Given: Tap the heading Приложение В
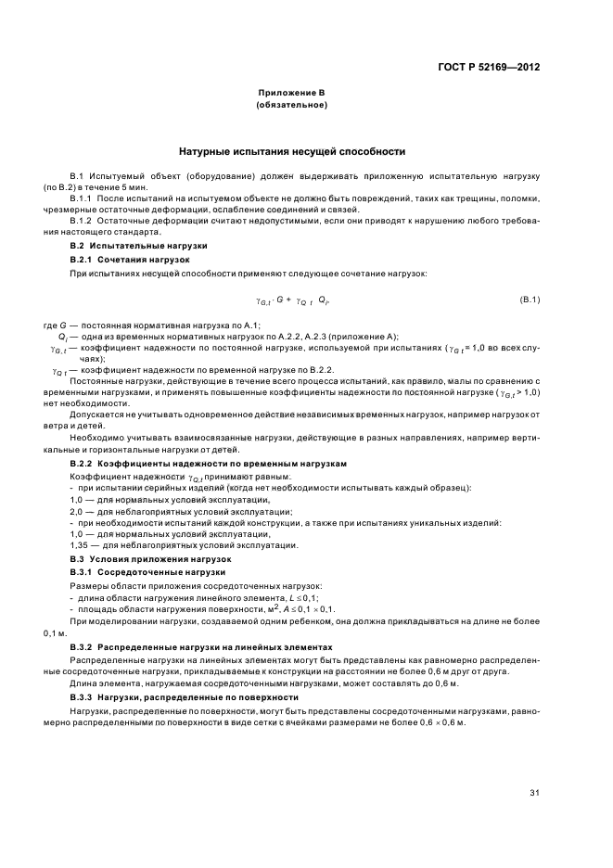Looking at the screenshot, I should [292, 94].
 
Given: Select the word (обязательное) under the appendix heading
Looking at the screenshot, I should [292, 106].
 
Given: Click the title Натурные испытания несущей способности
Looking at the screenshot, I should [292, 151].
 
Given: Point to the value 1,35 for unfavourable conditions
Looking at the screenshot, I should [80, 546].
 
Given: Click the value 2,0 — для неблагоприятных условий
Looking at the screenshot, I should [77, 511].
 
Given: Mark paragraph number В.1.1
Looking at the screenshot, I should [83, 198].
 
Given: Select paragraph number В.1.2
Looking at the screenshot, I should [83, 222].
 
